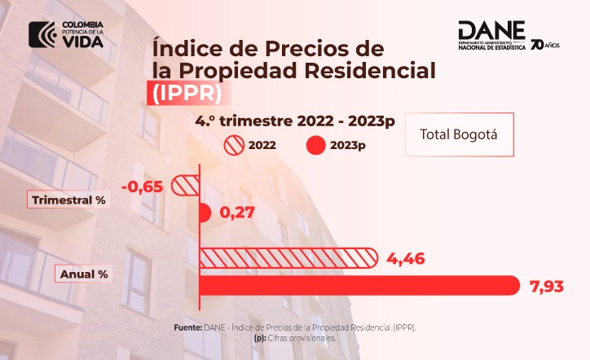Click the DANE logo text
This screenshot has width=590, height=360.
coord(491,30)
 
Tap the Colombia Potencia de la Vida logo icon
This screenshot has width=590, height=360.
coord(42,33)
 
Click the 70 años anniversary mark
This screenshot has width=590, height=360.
coord(544,43)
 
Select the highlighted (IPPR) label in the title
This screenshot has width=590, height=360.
coord(187,92)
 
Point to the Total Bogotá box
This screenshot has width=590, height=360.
coord(459,134)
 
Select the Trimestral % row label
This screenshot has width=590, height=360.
coord(68,200)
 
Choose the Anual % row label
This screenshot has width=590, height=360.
coord(84,274)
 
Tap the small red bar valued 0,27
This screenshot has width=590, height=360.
coord(205,213)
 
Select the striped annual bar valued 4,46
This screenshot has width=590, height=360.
coord(288,258)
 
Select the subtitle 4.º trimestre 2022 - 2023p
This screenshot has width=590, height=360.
coord(295,122)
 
